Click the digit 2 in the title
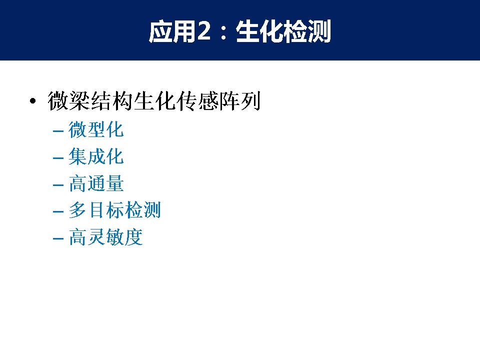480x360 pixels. pyautogui.click(x=204, y=31)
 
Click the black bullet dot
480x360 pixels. pyautogui.click(x=33, y=100)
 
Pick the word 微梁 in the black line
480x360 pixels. pyautogui.click(x=69, y=100)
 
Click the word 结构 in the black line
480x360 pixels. pyautogui.click(x=111, y=100)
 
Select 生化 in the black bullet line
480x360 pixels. pyautogui.click(x=155, y=100)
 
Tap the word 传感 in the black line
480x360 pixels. pyautogui.click(x=197, y=100)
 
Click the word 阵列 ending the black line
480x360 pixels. pyautogui.click(x=240, y=100)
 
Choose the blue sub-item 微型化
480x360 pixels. pyautogui.click(x=96, y=129)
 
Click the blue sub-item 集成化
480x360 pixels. pyautogui.click(x=96, y=156)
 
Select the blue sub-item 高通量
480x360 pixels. pyautogui.click(x=96, y=183)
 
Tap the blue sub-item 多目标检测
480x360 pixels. pyautogui.click(x=115, y=210)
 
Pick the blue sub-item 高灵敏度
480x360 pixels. pyautogui.click(x=105, y=237)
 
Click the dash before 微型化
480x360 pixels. pyautogui.click(x=58, y=131)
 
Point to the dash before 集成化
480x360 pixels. pyautogui.click(x=58, y=158)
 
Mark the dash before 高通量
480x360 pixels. pyautogui.click(x=58, y=185)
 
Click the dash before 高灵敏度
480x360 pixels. pyautogui.click(x=58, y=238)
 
